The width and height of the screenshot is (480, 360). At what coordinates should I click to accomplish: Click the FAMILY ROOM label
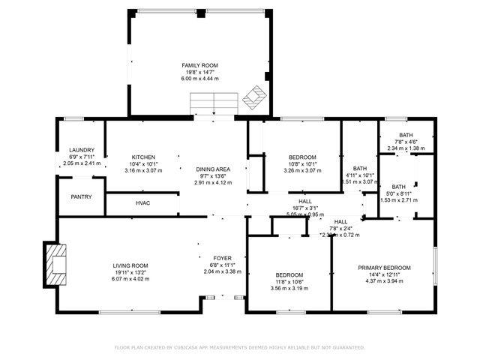pos(199,65)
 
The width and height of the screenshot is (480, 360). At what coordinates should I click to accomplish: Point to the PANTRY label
pos(81,197)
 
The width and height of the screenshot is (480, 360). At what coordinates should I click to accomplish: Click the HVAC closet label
pos(143,203)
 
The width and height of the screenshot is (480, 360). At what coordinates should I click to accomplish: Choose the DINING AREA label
pos(213,169)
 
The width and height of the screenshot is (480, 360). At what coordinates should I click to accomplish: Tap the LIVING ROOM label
pos(130,265)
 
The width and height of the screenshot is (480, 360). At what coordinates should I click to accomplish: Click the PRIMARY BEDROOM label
pos(384,268)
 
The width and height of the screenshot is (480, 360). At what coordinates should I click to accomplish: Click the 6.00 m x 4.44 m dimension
pos(199,78)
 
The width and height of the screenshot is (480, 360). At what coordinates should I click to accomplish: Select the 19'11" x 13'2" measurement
pos(130,271)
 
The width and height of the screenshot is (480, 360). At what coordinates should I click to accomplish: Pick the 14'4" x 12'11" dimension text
pos(384,274)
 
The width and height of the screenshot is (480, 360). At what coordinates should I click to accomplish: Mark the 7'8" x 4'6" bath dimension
pos(406,142)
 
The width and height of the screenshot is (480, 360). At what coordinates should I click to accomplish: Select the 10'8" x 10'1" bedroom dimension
pos(302,163)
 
